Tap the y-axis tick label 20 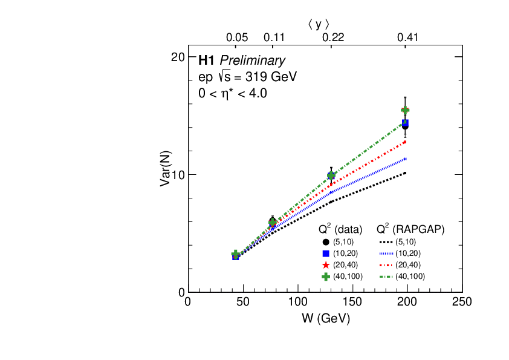click(x=177, y=57)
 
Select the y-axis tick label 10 click(x=177, y=174)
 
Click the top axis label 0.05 click(x=237, y=38)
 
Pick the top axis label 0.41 click(x=408, y=38)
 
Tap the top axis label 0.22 click(x=332, y=38)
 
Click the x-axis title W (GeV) click(x=325, y=318)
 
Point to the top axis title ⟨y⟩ click(x=318, y=24)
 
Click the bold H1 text click(x=206, y=61)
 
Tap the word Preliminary click(x=252, y=61)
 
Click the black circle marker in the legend click(x=326, y=242)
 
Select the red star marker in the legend click(x=326, y=265)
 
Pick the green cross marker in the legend click(x=326, y=277)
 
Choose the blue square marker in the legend click(x=326, y=254)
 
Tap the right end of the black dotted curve click(x=405, y=173)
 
